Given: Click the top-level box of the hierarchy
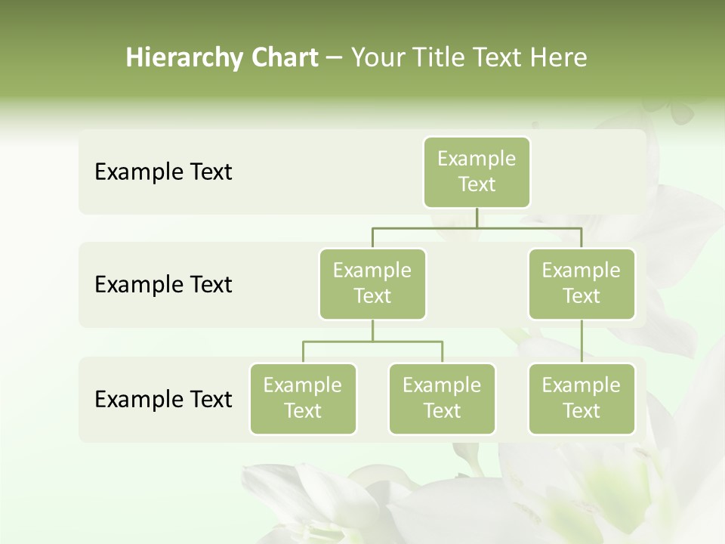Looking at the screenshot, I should pos(477,172).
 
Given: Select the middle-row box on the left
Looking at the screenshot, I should pos(372,283).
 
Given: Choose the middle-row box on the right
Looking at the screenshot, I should pos(582,283).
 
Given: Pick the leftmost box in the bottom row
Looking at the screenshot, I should pos(303,398).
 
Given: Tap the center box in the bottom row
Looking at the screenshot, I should pos(442,398).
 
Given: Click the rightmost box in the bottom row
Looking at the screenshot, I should pos(582,398).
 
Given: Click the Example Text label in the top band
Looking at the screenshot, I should pos(163,172).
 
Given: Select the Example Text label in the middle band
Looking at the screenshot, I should pos(163,285).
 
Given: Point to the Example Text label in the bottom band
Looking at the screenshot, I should pos(163,399).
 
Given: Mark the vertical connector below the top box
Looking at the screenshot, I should pos(477,218).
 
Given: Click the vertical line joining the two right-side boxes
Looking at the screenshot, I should pos(582,342).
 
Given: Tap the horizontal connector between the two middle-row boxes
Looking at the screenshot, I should pos(477,227).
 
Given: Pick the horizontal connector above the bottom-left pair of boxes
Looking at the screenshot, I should pos(372,342).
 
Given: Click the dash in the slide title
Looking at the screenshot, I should pos(335,57).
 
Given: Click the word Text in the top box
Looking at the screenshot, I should pos(477,184).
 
